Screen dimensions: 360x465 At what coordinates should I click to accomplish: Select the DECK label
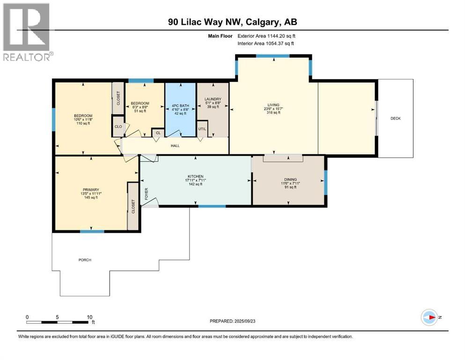pos(395,119)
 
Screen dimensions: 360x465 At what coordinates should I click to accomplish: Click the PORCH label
pos(85,260)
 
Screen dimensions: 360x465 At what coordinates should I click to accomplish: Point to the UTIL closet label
pos(202,128)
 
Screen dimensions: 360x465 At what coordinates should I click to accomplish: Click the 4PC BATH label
pos(180,99)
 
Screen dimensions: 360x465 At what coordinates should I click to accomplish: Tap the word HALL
pos(175,145)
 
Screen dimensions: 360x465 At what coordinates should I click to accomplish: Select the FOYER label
pos(146,194)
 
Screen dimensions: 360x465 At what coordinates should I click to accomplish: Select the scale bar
pos(58,322)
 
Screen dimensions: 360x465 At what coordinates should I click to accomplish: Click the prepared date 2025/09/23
pos(259,321)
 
